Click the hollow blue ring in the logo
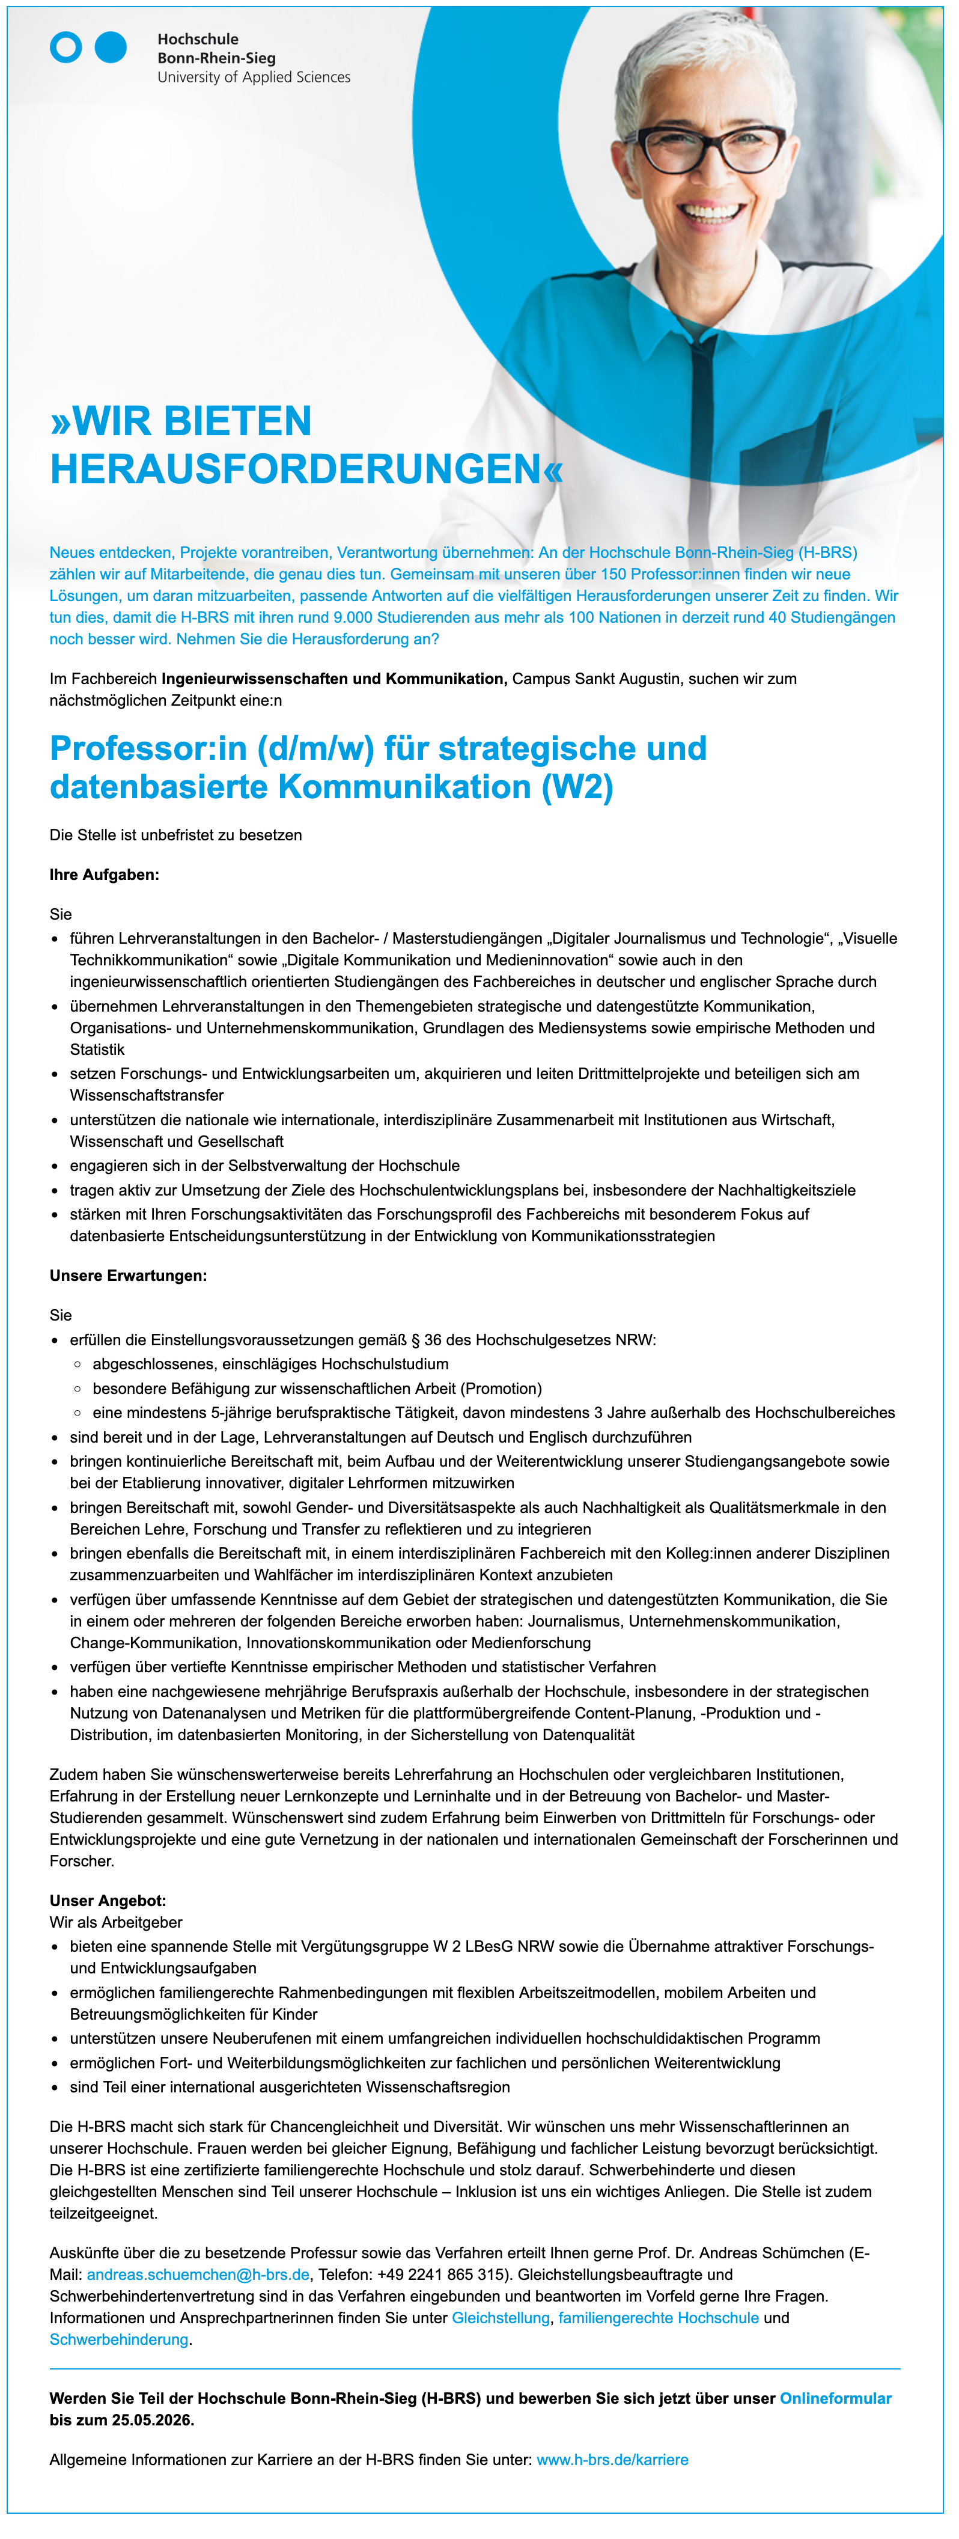click(66, 47)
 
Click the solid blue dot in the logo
click(111, 47)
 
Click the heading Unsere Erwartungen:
click(128, 1276)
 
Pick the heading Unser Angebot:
click(108, 1900)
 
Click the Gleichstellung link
click(501, 2317)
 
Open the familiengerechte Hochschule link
click(659, 2317)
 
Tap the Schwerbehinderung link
click(118, 2339)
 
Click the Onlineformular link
click(836, 2398)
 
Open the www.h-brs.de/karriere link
click(612, 2459)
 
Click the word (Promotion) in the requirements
click(501, 1388)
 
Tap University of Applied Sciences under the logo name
click(254, 77)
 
